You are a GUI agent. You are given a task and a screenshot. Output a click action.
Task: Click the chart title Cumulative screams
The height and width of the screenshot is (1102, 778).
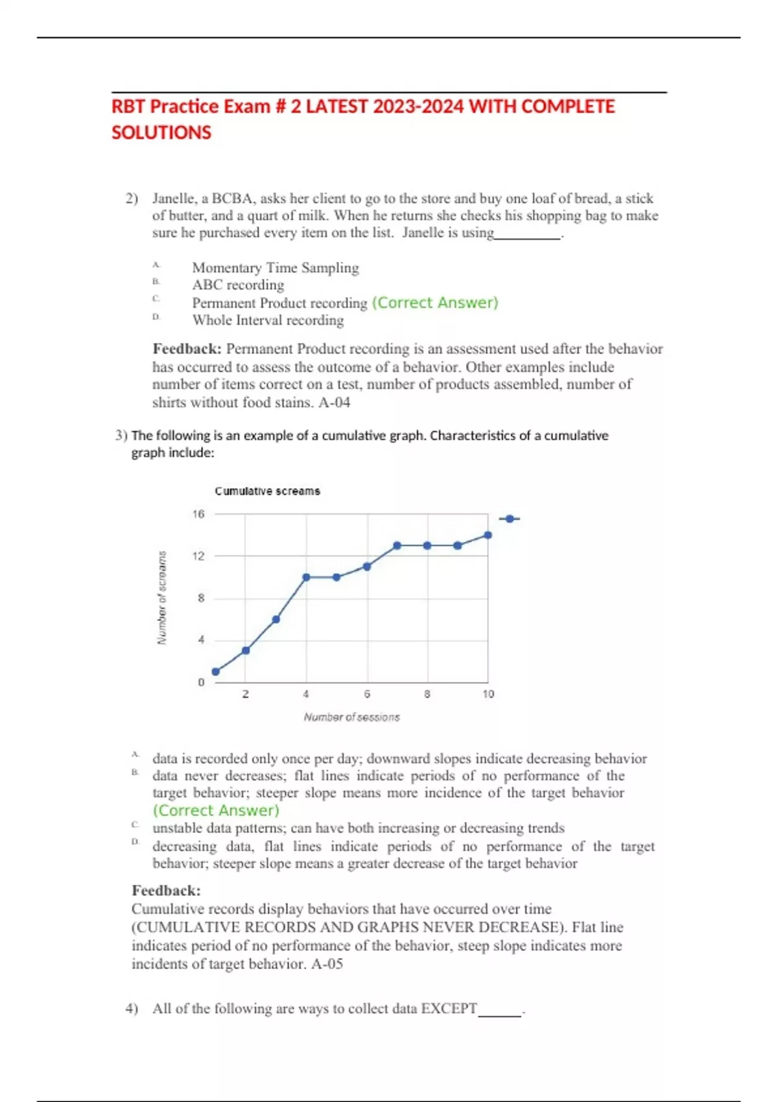pyautogui.click(x=267, y=491)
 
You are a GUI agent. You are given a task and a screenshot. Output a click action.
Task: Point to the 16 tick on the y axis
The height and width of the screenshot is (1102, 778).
pyautogui.click(x=198, y=514)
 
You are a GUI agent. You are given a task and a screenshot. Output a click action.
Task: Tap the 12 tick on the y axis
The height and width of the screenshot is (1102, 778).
pyautogui.click(x=198, y=556)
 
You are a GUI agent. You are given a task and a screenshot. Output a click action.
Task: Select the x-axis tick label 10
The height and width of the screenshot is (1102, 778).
pyautogui.click(x=488, y=694)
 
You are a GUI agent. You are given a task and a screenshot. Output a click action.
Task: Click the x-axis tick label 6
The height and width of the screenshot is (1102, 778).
pyautogui.click(x=367, y=694)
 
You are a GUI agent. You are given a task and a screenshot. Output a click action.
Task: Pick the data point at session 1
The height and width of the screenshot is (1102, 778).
pyautogui.click(x=216, y=672)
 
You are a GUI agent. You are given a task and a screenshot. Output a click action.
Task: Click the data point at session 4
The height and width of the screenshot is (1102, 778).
pyautogui.click(x=306, y=577)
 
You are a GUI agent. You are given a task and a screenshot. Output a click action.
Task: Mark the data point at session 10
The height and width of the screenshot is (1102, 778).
pyautogui.click(x=488, y=535)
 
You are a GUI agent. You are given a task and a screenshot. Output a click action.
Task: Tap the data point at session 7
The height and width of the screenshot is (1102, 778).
pyautogui.click(x=397, y=546)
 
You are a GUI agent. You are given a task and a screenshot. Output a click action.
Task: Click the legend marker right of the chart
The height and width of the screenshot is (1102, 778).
pyautogui.click(x=510, y=519)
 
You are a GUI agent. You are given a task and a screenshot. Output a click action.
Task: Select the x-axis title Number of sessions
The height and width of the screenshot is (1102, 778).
pyautogui.click(x=351, y=718)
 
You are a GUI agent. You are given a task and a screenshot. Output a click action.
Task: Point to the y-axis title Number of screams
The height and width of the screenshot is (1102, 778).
pyautogui.click(x=162, y=598)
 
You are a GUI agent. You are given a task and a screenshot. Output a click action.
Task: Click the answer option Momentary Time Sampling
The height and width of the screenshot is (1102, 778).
pyautogui.click(x=275, y=268)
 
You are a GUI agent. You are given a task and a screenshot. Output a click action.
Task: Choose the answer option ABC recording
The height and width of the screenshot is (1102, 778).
pyautogui.click(x=238, y=285)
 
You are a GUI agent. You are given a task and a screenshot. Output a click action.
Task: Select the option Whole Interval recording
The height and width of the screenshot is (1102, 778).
pyautogui.click(x=268, y=320)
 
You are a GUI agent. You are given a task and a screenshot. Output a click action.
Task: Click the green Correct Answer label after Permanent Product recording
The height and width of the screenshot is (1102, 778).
pyautogui.click(x=435, y=303)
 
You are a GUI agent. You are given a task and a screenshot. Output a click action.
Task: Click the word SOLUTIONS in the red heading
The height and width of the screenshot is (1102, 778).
pyautogui.click(x=161, y=133)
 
